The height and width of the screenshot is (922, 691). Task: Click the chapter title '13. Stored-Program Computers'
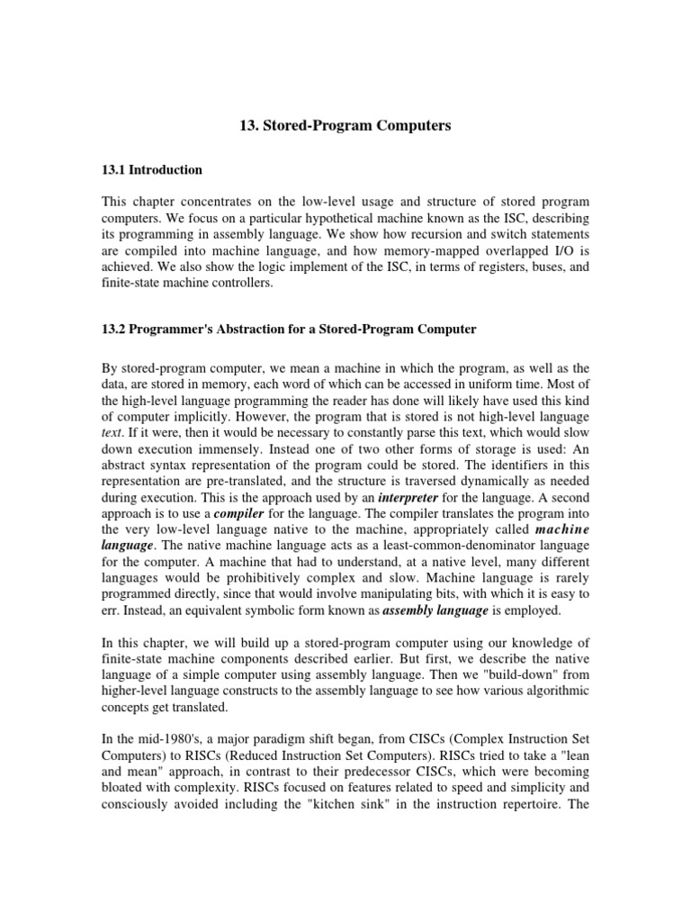345,126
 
